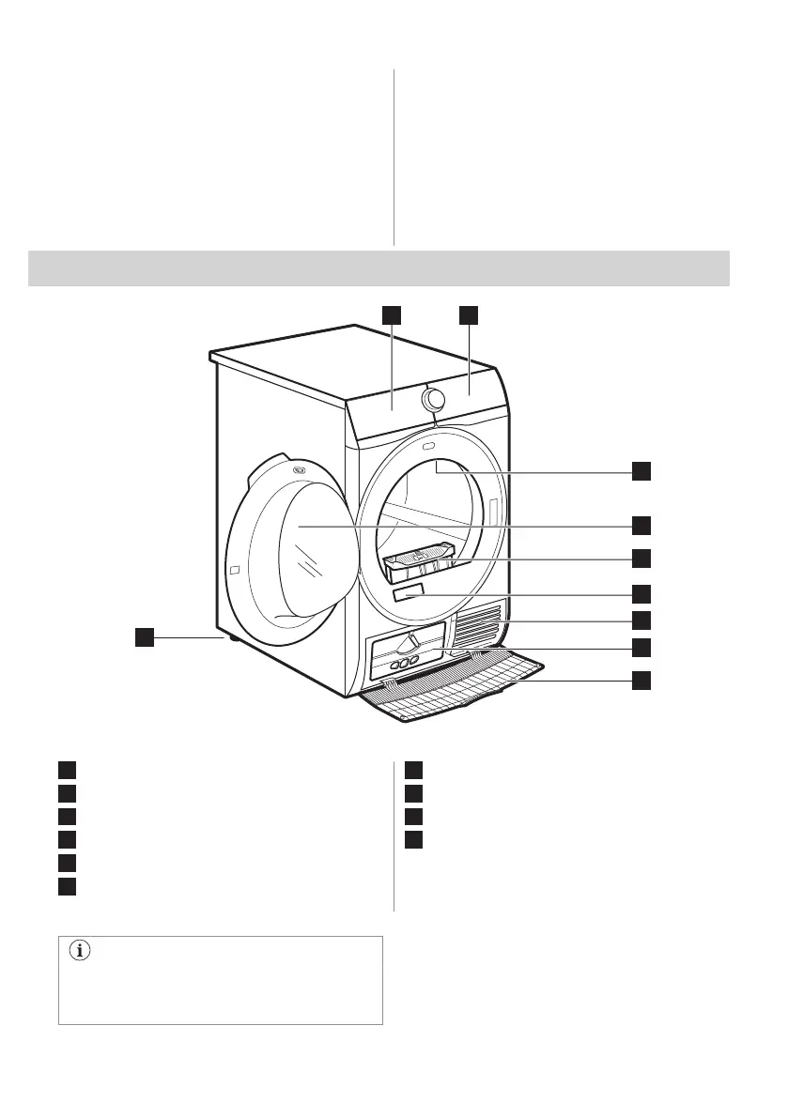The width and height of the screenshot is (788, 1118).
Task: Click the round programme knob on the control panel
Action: pos(433,400)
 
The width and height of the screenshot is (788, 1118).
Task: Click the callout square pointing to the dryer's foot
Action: pos(143,638)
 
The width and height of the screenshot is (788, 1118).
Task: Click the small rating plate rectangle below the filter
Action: pos(409,593)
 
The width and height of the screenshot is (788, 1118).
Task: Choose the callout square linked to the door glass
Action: pos(641,524)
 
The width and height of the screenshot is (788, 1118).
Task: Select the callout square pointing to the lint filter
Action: pos(641,558)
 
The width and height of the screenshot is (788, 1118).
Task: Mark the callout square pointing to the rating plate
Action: pos(641,593)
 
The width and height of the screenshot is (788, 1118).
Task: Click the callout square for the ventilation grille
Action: pos(641,620)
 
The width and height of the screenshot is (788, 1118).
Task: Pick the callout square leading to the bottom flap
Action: pos(641,681)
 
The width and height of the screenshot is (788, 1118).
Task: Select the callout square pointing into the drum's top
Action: pos(641,471)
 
